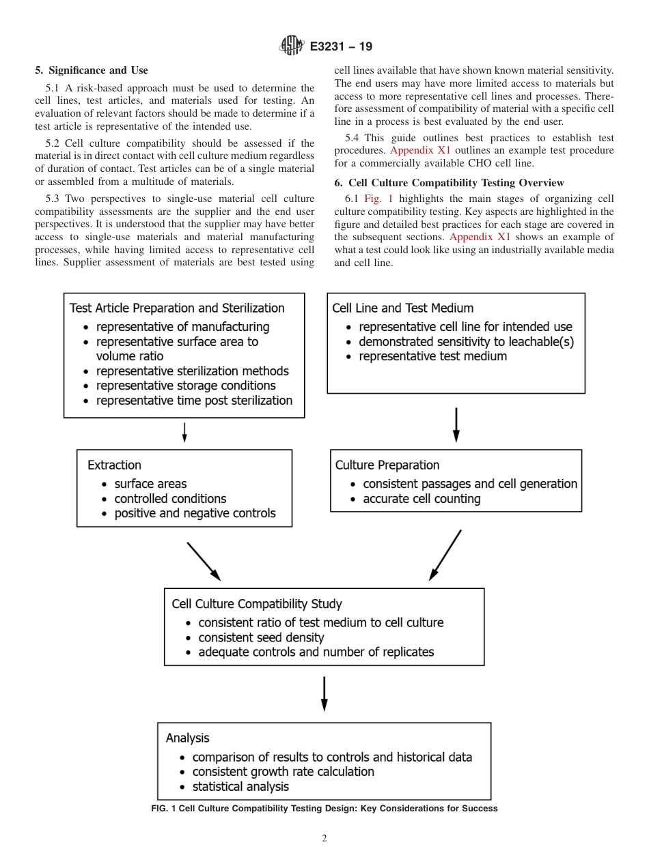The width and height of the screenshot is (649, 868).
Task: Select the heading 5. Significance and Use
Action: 91,70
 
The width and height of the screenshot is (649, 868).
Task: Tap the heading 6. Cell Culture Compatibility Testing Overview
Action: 449,183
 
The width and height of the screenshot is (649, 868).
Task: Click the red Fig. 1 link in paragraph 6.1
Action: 378,199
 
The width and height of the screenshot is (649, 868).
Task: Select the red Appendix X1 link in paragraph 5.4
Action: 420,150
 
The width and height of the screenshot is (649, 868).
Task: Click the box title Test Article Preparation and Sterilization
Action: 177,308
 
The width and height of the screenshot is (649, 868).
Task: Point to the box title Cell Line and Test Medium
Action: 402,308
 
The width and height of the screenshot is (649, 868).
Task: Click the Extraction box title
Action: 114,465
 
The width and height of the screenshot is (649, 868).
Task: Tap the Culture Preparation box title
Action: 387,465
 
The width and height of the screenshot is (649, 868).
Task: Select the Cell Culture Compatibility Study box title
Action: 257,604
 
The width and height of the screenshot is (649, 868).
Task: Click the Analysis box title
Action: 187,738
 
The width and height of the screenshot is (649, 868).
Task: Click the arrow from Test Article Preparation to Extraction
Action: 184,432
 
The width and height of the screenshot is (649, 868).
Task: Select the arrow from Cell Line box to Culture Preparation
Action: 456,424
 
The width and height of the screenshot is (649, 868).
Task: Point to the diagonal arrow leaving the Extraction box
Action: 204,561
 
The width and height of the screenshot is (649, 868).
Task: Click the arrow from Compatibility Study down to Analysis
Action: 324,693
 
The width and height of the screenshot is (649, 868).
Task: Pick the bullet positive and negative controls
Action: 195,513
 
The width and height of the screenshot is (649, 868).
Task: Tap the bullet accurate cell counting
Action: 422,499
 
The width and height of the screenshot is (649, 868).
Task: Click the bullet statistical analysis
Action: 240,786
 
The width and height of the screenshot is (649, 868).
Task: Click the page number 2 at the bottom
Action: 324,839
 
